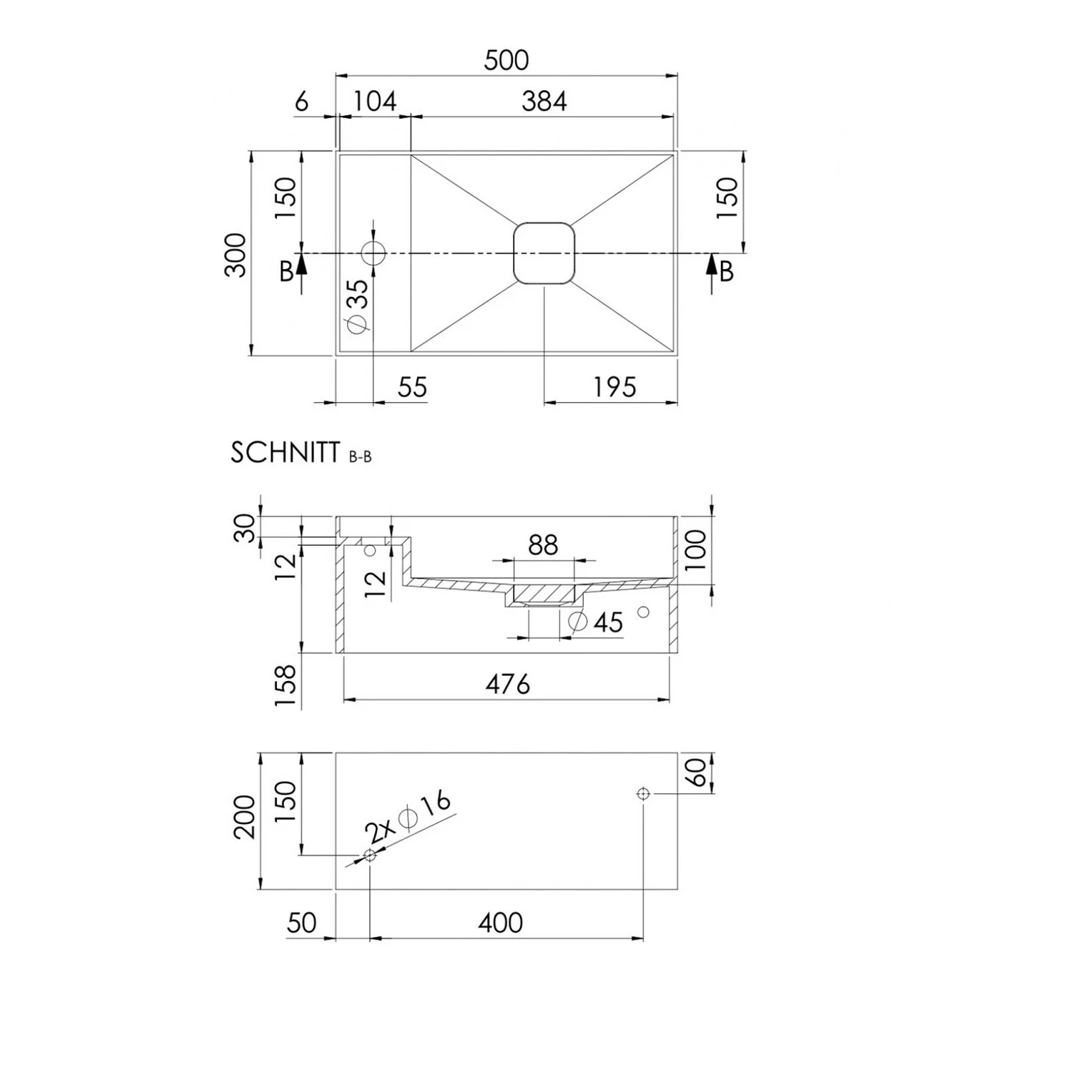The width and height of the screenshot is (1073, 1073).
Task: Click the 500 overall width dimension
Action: coord(506,60)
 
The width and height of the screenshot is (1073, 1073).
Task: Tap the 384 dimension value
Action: coord(544,101)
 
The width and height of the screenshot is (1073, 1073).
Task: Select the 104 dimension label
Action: coord(375,101)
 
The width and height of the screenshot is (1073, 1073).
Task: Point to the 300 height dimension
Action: coord(235,255)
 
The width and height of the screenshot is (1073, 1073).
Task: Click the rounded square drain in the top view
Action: coord(544,253)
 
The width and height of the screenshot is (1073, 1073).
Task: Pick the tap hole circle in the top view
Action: coord(373,253)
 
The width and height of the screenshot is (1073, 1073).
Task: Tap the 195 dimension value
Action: coord(614,387)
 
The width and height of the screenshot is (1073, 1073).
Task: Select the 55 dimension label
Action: coord(412,387)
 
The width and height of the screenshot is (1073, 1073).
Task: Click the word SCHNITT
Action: coord(285,453)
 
